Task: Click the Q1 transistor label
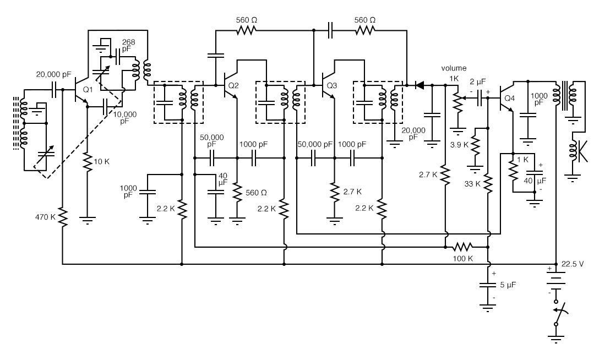[x=87, y=90]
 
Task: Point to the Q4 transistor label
[x=509, y=99]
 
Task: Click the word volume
[x=454, y=68]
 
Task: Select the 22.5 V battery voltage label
[x=573, y=264]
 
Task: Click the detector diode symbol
[x=420, y=85]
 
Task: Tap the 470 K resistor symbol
[x=63, y=216]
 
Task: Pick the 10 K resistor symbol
[x=87, y=162]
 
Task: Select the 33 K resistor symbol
[x=488, y=183]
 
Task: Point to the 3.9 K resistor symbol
[x=476, y=145]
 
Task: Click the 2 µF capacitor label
[x=477, y=81]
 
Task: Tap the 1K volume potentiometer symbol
[x=456, y=100]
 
